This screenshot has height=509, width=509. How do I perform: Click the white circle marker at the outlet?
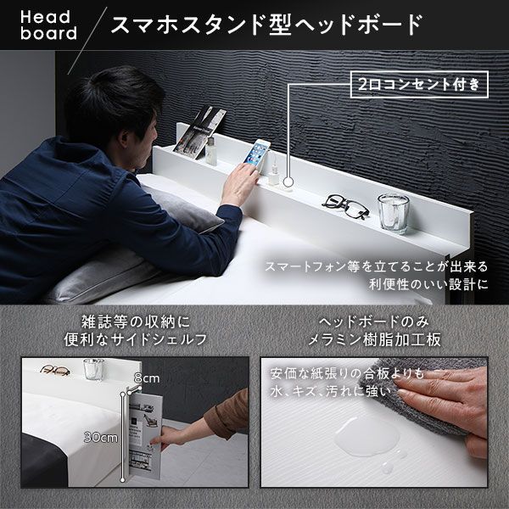click(x=289, y=181)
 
